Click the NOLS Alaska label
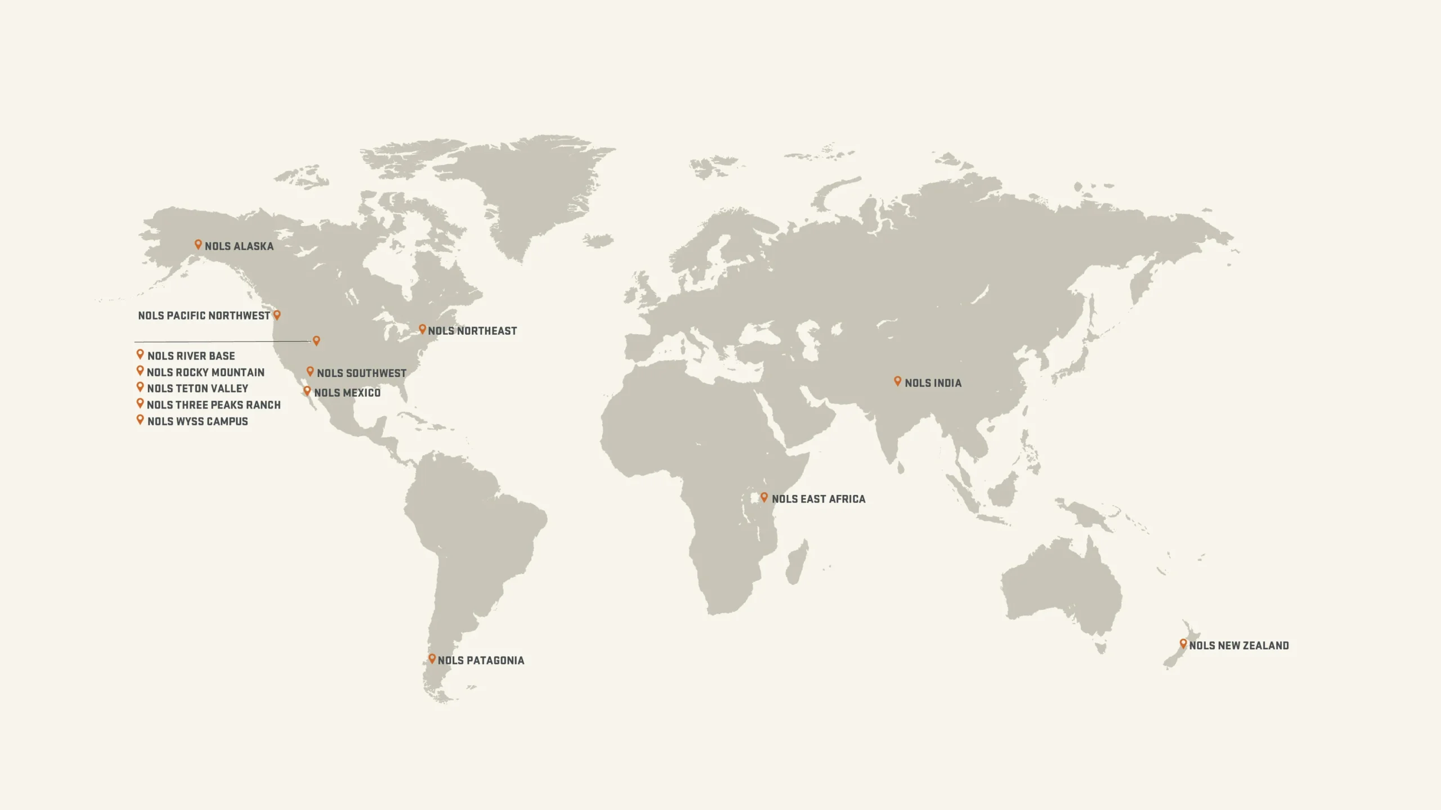click(x=239, y=246)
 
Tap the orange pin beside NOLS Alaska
click(x=198, y=244)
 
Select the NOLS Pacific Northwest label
click(x=204, y=316)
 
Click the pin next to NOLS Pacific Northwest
click(x=277, y=314)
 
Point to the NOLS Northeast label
click(x=472, y=331)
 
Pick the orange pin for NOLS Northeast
click(x=422, y=328)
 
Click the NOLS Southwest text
click(x=361, y=373)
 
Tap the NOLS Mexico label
click(x=347, y=393)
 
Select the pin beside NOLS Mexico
click(x=307, y=390)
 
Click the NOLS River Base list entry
click(x=191, y=356)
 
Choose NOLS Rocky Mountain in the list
click(x=205, y=372)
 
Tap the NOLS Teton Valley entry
click(x=198, y=389)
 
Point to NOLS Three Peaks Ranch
click(x=213, y=405)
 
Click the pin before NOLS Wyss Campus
click(x=140, y=419)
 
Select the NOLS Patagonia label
click(x=481, y=660)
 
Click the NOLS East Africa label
click(x=818, y=499)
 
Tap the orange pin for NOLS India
click(x=898, y=381)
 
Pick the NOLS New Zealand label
click(x=1239, y=646)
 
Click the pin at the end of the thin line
click(x=316, y=340)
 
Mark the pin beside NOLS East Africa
click(x=764, y=497)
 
